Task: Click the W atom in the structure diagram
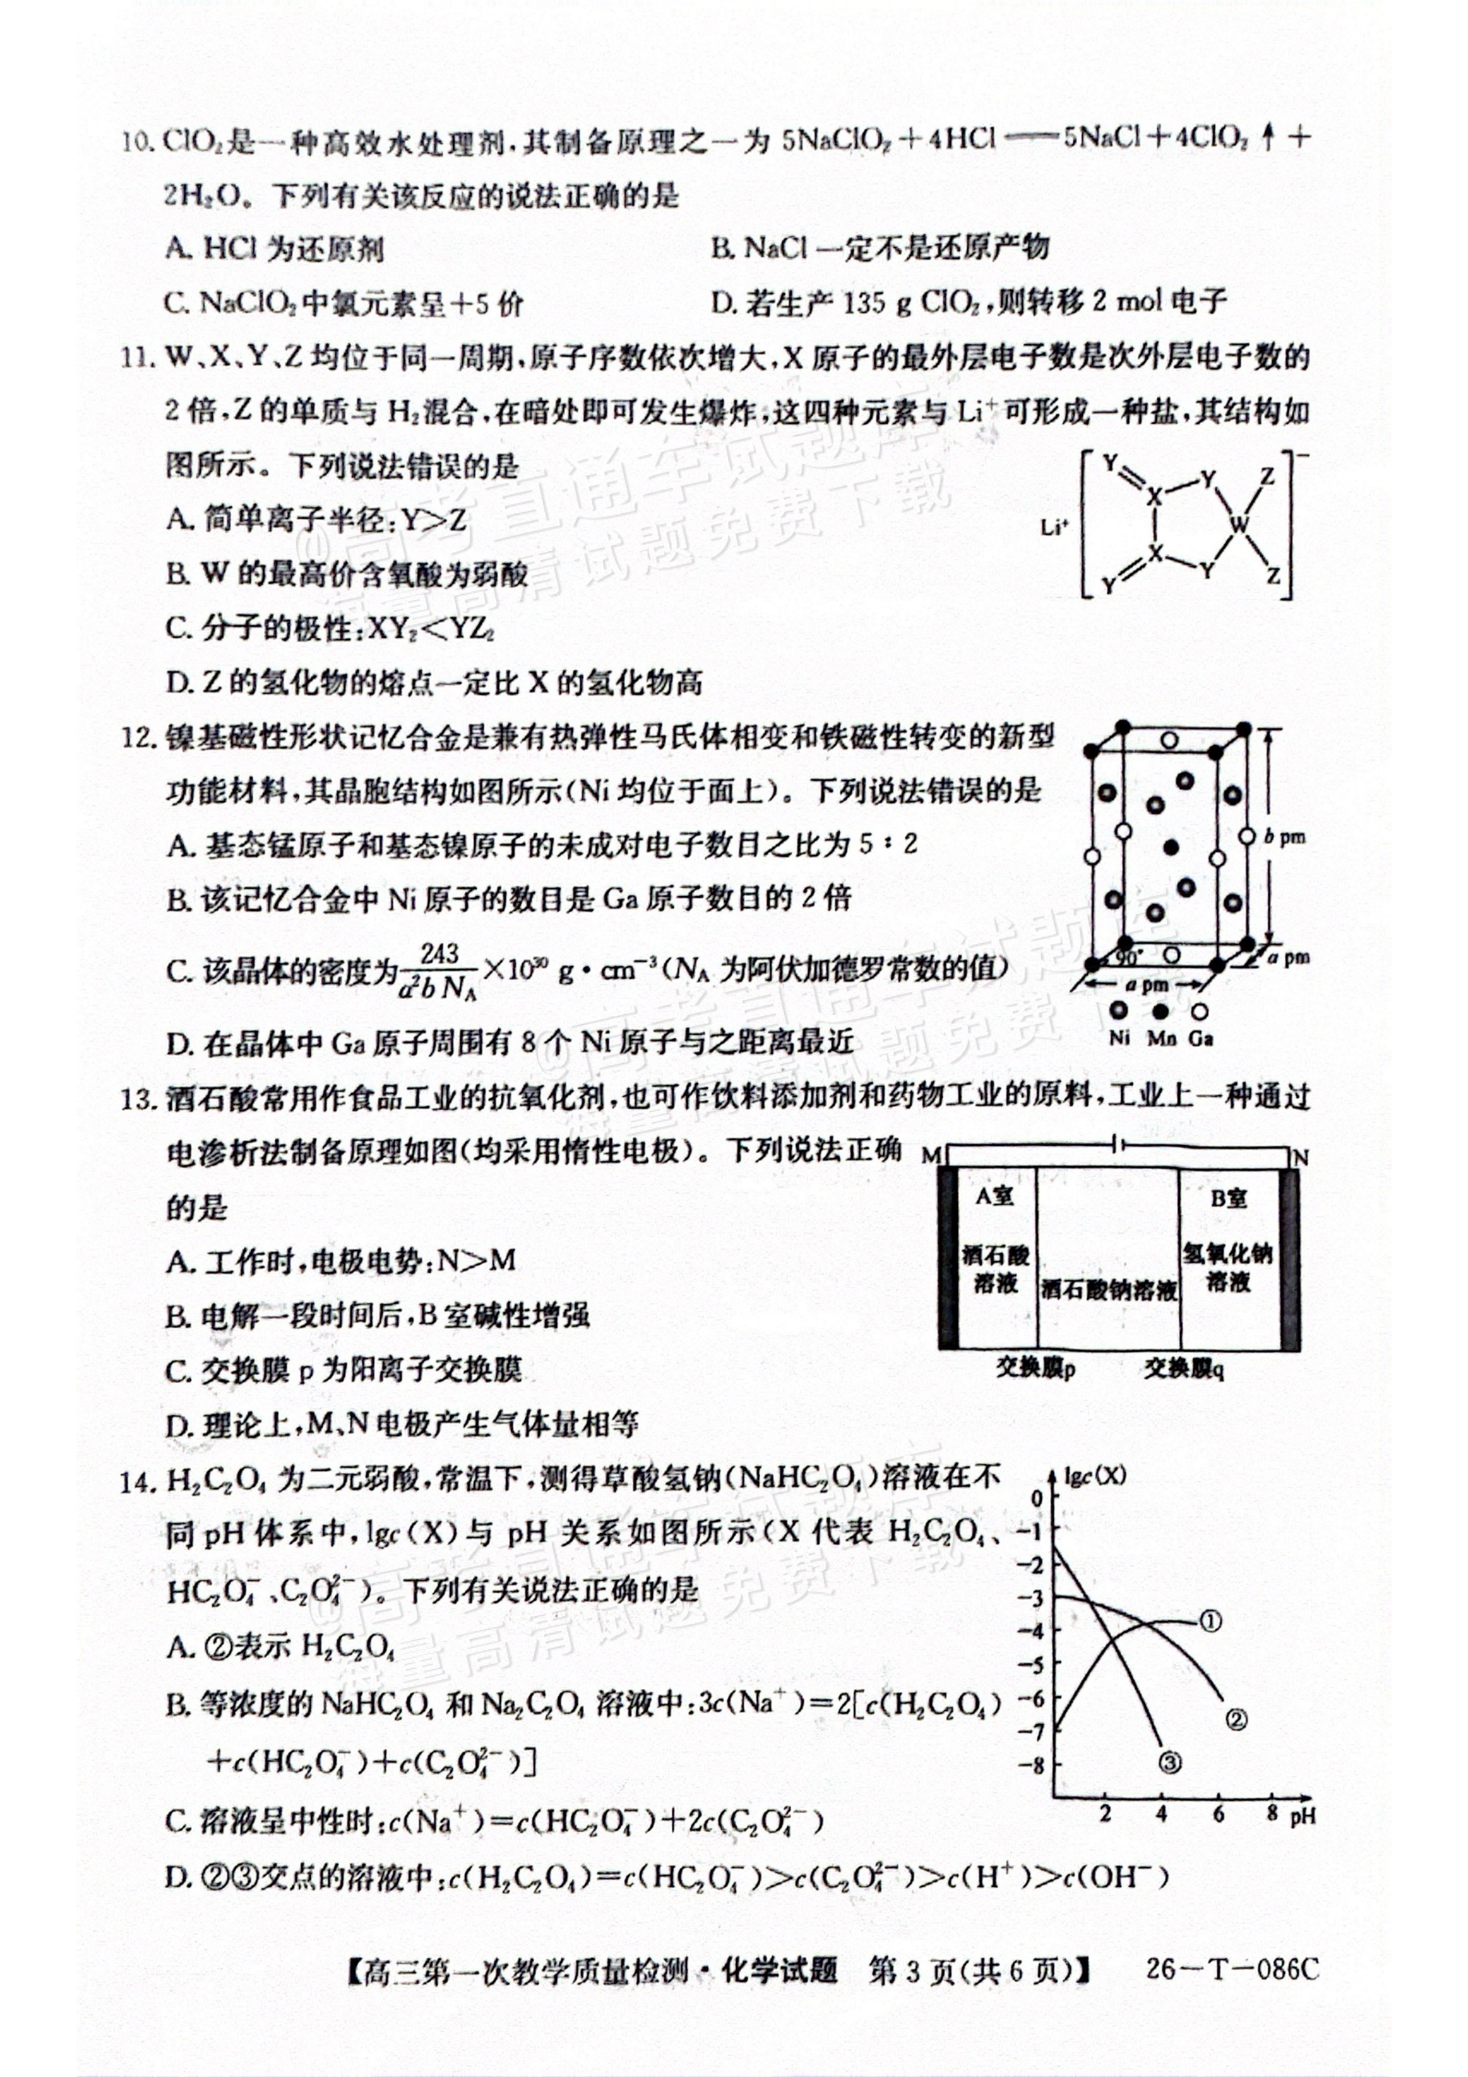1239,524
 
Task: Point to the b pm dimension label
1284,837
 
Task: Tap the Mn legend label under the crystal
1161,1038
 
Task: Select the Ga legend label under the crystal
1200,1038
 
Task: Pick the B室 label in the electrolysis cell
1228,1198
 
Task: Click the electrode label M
931,1156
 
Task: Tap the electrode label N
1300,1157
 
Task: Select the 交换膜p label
1036,1368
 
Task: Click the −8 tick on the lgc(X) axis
1032,1764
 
